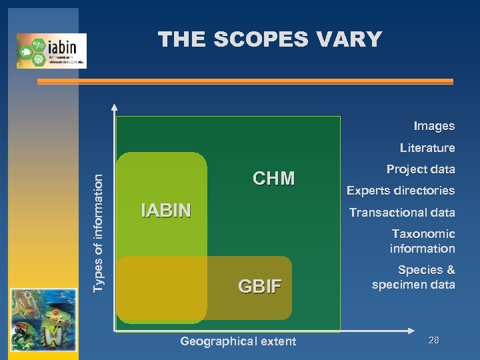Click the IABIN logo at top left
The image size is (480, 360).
pyautogui.click(x=51, y=50)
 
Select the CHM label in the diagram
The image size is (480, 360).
pyautogui.click(x=273, y=178)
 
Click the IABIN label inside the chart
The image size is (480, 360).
pyautogui.click(x=166, y=211)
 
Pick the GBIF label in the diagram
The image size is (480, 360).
pyautogui.click(x=260, y=287)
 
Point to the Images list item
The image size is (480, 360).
pyautogui.click(x=434, y=126)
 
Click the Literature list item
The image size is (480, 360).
pyautogui.click(x=427, y=148)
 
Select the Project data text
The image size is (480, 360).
pyautogui.click(x=421, y=169)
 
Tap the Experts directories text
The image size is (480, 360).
pyautogui.click(x=401, y=191)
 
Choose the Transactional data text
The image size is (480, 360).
pyautogui.click(x=402, y=213)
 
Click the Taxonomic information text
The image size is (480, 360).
pyautogui.click(x=423, y=241)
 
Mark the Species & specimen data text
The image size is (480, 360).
pyautogui.click(x=414, y=277)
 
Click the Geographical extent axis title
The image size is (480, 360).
pyautogui.click(x=238, y=341)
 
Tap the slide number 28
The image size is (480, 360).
pyautogui.click(x=434, y=341)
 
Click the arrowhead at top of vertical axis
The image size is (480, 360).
pyautogui.click(x=115, y=106)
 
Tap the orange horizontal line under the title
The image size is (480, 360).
pyautogui.click(x=245, y=81)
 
